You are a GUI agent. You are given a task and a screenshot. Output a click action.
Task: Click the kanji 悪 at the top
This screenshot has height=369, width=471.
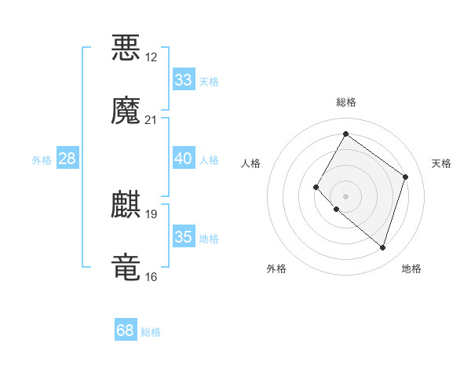pyautogui.click(x=126, y=48)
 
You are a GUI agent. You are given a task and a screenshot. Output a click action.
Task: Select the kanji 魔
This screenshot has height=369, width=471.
pyautogui.click(x=126, y=111)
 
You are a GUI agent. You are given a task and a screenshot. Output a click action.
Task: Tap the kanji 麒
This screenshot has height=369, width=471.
pyautogui.click(x=126, y=205)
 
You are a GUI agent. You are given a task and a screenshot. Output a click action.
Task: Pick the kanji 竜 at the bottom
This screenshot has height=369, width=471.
pyautogui.click(x=126, y=267)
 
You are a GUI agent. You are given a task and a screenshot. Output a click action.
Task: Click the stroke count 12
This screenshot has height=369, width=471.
pyautogui.click(x=152, y=57)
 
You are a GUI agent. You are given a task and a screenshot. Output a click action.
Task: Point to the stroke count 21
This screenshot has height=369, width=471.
pyautogui.click(x=152, y=120)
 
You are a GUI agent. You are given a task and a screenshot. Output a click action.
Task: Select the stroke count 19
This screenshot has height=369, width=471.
pyautogui.click(x=152, y=214)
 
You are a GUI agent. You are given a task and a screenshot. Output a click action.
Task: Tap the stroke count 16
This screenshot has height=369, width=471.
pyautogui.click(x=152, y=277)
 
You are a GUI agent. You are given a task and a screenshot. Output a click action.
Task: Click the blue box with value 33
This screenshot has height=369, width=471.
pyautogui.click(x=183, y=80)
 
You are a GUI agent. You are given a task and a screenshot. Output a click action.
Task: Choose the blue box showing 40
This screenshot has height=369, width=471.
pyautogui.click(x=183, y=159)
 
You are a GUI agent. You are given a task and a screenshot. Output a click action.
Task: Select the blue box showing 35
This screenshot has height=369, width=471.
pyautogui.click(x=183, y=237)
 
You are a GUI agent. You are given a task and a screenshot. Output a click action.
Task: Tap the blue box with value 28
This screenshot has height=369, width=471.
pyautogui.click(x=68, y=159)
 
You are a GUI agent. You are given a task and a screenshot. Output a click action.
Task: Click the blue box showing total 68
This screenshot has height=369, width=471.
pyautogui.click(x=125, y=331)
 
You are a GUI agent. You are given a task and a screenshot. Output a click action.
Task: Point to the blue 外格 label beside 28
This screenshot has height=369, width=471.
pyautogui.click(x=42, y=160)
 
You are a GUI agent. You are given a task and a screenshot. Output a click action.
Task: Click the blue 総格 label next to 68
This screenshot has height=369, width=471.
pyautogui.click(x=151, y=333)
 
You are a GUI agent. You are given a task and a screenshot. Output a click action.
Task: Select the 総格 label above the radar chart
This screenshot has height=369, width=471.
pyautogui.click(x=345, y=102)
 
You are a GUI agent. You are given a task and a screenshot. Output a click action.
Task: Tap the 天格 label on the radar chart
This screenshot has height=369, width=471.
pyautogui.click(x=441, y=163)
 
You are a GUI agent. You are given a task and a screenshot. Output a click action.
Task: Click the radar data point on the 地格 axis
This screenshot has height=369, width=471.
pyautogui.click(x=382, y=248)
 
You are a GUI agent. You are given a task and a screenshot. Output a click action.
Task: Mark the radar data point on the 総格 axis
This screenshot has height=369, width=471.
pyautogui.click(x=345, y=134)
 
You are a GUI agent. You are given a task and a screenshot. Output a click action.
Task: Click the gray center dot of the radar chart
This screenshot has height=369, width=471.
pyautogui.click(x=345, y=195)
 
